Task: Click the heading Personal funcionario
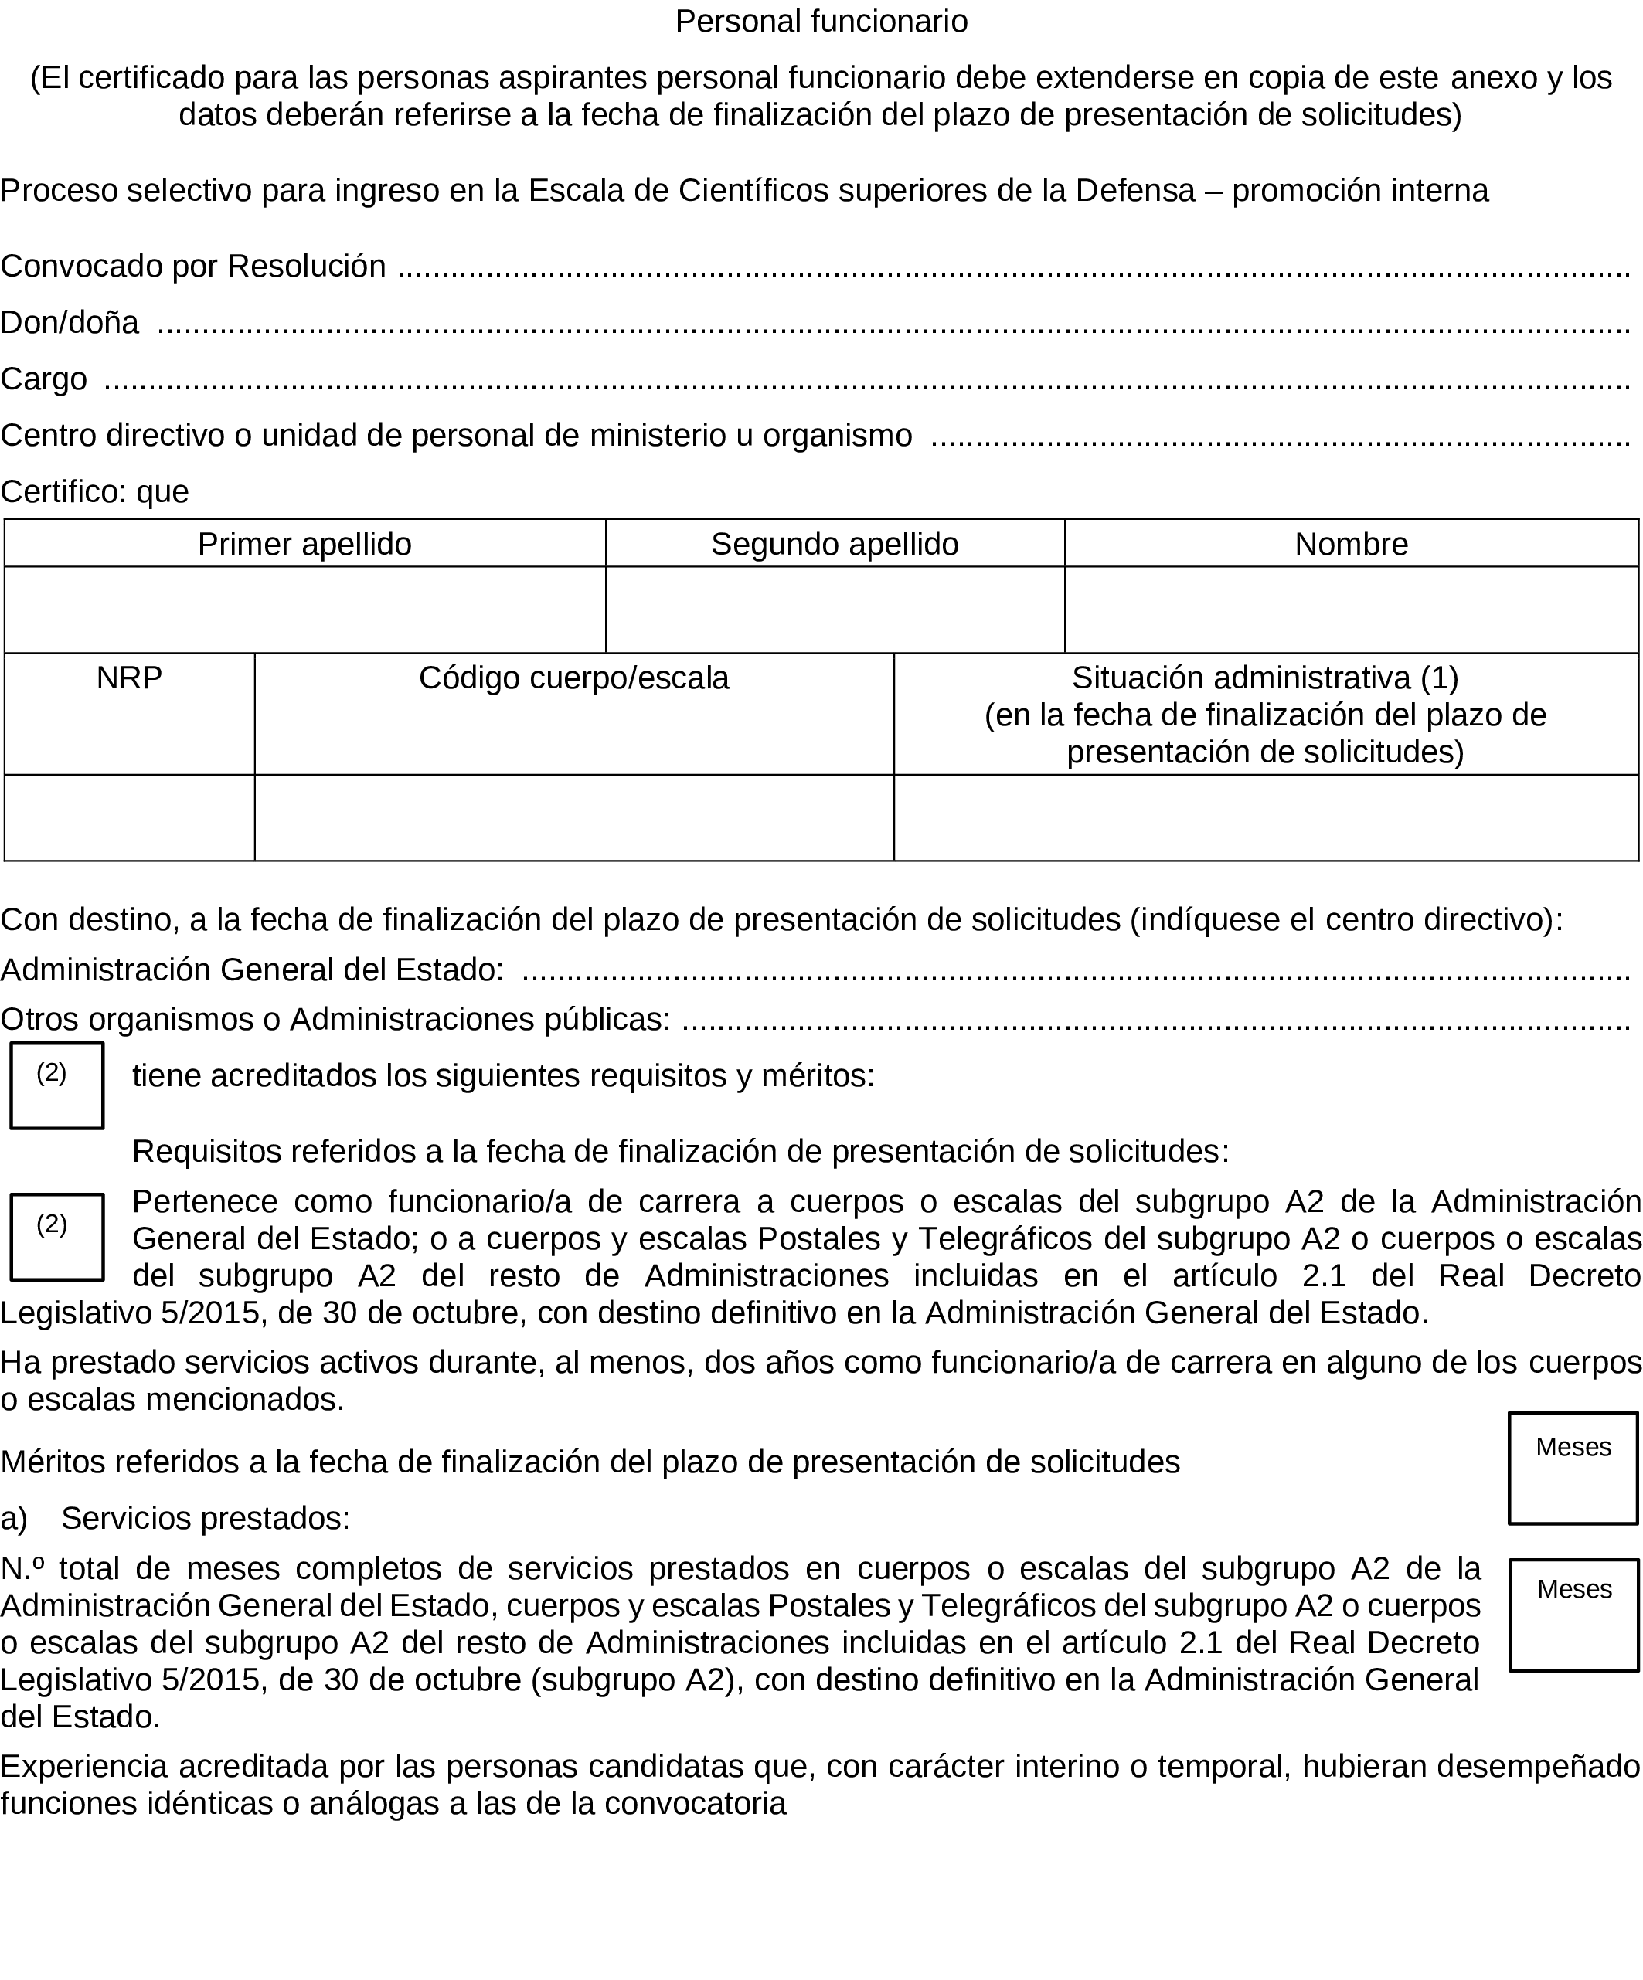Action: pos(821,22)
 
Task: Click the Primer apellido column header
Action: pos(304,544)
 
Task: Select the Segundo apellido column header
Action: pos(834,544)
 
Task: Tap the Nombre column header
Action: pos(1351,544)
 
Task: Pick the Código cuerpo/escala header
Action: pos(573,678)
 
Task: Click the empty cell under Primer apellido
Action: pos(304,610)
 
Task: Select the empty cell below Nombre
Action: pos(1351,610)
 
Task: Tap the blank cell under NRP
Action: pos(129,817)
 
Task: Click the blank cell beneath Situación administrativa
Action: pos(1265,817)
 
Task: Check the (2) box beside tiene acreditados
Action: pos(56,1085)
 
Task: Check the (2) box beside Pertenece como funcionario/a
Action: pos(56,1237)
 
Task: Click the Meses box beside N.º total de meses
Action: pos(1573,1615)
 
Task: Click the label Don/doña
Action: pos(70,322)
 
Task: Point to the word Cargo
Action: pos(43,379)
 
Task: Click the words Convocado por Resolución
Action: pos(193,267)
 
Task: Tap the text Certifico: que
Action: pos(94,491)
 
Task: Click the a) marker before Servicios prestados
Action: pos(14,1518)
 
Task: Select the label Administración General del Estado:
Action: pos(252,970)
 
